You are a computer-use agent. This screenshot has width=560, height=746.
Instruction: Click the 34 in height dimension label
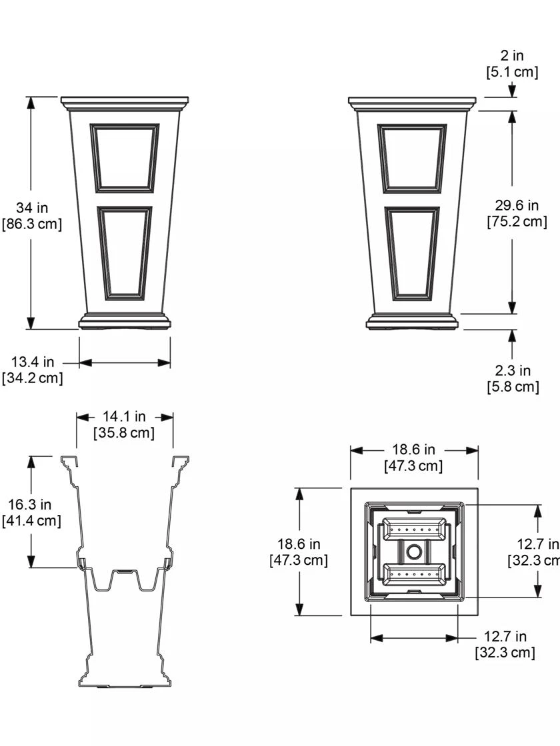click(32, 208)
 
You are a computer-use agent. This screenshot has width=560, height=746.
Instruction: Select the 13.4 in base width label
click(32, 362)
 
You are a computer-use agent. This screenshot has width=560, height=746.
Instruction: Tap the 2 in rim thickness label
click(511, 57)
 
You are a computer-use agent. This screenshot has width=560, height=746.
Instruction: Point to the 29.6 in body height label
click(517, 206)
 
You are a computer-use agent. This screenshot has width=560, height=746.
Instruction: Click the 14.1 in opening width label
click(124, 417)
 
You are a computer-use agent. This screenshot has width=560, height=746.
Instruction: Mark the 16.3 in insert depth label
click(31, 505)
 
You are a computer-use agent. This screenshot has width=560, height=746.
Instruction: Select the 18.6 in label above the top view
click(413, 450)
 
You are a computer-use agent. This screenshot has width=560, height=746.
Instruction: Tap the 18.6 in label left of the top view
click(298, 545)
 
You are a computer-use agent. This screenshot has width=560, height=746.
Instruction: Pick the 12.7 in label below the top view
click(505, 637)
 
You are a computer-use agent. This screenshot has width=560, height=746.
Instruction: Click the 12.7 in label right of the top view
click(537, 544)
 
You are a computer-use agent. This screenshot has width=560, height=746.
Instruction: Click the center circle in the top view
click(414, 552)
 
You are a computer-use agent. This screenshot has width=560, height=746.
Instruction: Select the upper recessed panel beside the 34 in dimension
click(125, 157)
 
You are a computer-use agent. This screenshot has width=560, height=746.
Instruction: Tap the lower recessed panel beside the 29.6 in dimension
click(412, 254)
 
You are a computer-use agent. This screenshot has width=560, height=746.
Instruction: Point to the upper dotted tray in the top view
click(414, 531)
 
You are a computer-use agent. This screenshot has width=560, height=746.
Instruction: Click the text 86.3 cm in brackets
click(32, 224)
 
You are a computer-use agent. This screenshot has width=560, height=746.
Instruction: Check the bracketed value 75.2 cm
click(517, 222)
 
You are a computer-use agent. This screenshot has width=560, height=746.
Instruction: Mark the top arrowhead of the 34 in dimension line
click(31, 102)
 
